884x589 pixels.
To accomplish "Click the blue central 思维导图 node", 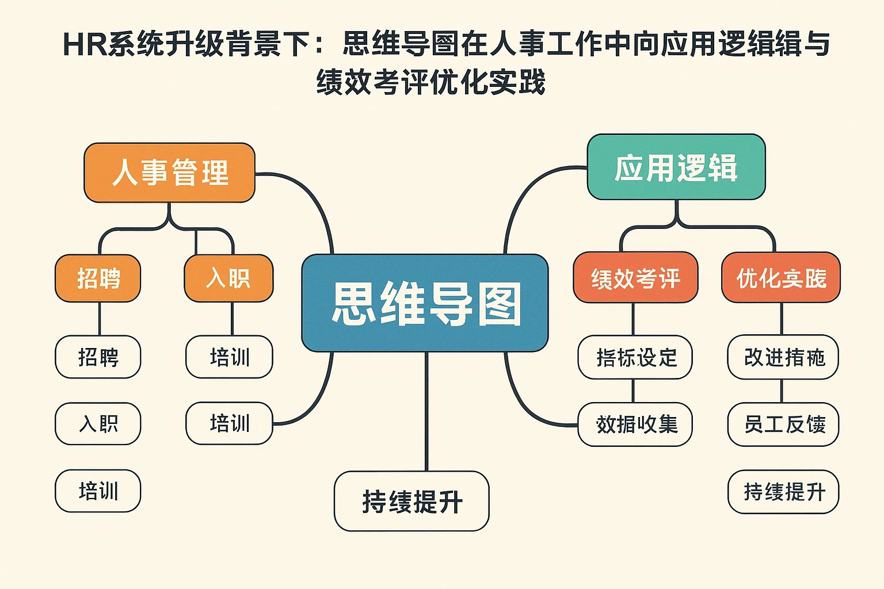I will (425, 303).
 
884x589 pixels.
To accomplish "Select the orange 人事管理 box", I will (170, 173).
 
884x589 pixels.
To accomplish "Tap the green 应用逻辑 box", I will (676, 167).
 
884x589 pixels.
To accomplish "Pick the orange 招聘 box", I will (98, 278).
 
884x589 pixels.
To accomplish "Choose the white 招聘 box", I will (98, 357).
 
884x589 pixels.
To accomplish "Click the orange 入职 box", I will (228, 278).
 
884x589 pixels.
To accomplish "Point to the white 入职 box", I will (98, 424).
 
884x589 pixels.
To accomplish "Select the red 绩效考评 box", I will (635, 278).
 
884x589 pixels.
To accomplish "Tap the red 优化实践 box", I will (781, 278).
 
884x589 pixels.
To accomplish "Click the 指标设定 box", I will (635, 357).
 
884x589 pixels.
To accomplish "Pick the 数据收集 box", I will (635, 424).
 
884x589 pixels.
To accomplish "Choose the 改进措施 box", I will (783, 357).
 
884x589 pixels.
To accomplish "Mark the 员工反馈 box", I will (783, 424).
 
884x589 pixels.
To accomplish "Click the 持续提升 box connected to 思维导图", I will (411, 501).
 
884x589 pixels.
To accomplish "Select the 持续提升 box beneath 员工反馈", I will (783, 492).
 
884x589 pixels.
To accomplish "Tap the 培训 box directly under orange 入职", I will (229, 357).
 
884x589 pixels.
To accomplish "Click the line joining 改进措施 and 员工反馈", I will (782, 391).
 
